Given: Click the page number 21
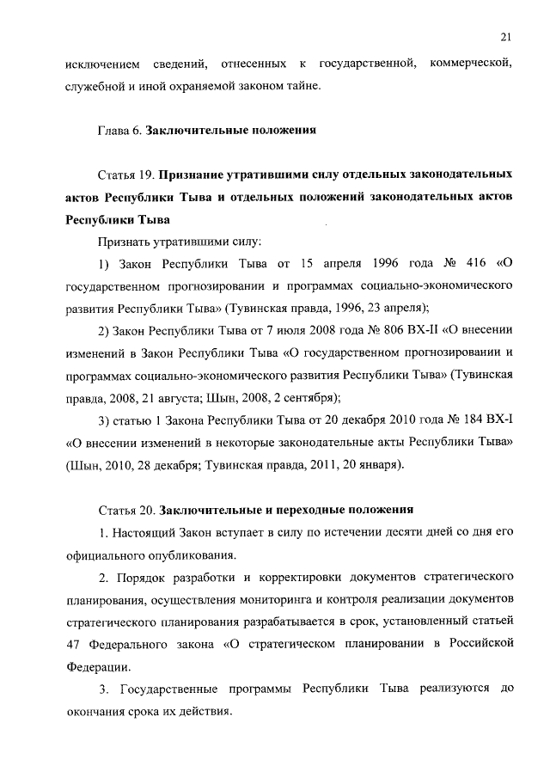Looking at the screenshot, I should coord(504,35).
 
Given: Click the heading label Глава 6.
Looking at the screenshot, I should coord(119,131).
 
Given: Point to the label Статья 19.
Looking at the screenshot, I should coord(125,175).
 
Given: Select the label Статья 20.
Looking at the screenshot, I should coord(125,509).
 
